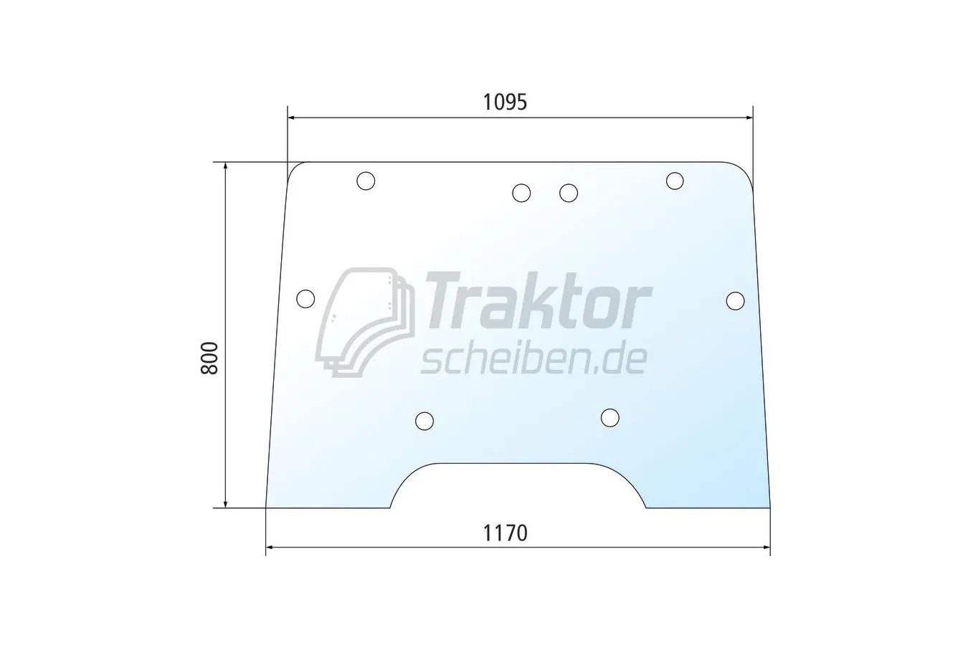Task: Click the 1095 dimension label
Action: (x=505, y=102)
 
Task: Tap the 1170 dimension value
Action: (x=505, y=533)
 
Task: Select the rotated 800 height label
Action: (x=210, y=358)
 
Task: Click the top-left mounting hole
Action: (x=366, y=181)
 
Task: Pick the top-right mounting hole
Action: (x=675, y=181)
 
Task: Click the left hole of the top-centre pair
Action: (x=521, y=193)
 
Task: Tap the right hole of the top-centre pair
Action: (x=569, y=193)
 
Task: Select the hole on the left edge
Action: (x=305, y=299)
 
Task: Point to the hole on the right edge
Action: (x=735, y=301)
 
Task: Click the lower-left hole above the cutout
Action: (x=424, y=421)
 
